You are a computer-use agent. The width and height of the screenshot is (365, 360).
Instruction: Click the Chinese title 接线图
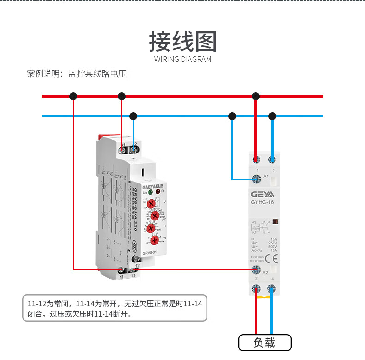pyautogui.click(x=182, y=43)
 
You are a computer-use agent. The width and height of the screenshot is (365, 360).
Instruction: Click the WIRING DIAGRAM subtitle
pyautogui.click(x=182, y=60)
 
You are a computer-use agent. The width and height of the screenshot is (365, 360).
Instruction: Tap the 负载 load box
pyautogui.click(x=265, y=343)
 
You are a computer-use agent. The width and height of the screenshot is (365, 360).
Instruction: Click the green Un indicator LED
pyautogui.click(x=151, y=191)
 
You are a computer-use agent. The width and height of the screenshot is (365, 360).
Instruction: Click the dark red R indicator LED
pyautogui.click(x=158, y=191)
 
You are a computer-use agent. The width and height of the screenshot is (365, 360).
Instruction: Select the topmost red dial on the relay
pyautogui.click(x=152, y=203)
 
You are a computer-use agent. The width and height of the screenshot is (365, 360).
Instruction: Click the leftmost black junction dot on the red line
pyautogui.click(x=73, y=96)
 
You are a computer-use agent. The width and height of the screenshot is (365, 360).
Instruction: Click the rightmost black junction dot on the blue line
pyautogui.click(x=272, y=116)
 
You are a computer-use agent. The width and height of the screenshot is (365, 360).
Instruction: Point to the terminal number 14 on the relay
pyautogui.click(x=134, y=276)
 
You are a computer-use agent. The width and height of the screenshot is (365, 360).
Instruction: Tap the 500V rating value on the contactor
pyautogui.click(x=273, y=247)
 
